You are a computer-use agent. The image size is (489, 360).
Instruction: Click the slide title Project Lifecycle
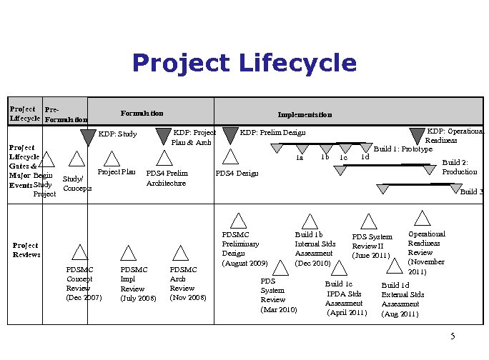[244, 64]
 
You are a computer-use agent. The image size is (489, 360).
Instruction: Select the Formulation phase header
[142, 113]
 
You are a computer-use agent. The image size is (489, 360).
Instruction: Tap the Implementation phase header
[305, 114]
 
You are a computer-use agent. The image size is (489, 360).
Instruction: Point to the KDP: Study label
[117, 134]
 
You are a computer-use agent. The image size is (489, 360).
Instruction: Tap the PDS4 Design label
[237, 174]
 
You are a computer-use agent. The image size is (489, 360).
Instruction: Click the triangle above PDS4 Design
[230, 157]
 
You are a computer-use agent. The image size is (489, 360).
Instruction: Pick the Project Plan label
[117, 172]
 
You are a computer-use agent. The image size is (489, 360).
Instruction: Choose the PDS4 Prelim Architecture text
[167, 178]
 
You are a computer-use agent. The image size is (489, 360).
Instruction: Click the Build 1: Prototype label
[403, 149]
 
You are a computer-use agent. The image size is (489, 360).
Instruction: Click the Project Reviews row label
[26, 249]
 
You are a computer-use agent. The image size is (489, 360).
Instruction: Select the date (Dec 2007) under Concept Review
[83, 297]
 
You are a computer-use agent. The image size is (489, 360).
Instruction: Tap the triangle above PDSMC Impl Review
[129, 252]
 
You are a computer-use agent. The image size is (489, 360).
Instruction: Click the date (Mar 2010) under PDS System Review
[278, 309]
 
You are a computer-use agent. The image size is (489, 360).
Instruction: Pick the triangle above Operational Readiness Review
[423, 219]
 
